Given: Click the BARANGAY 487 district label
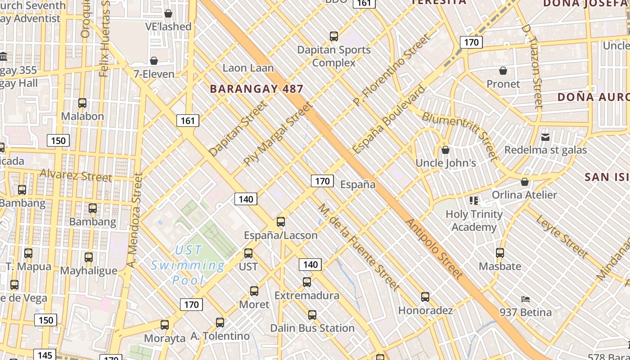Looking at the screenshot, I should [x=256, y=89].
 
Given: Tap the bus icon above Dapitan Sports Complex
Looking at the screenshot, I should [x=333, y=36].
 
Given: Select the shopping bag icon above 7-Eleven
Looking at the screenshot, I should [x=154, y=60].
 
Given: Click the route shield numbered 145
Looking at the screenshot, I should [x=45, y=355].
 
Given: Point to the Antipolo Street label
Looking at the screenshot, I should [x=434, y=248].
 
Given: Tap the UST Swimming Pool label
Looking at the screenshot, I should [x=188, y=265].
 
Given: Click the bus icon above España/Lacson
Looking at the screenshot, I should [x=281, y=221].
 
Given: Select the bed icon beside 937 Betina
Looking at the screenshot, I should [x=525, y=299].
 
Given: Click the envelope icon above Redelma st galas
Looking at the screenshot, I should [x=545, y=137].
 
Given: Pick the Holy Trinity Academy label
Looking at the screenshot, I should [x=474, y=220].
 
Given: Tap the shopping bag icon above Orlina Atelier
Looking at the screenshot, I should [x=524, y=182].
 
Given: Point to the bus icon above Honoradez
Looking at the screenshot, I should [x=425, y=297].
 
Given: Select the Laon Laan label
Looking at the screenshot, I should [x=248, y=68].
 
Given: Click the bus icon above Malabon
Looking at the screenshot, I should [x=82, y=103].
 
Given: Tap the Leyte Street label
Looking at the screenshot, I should [x=562, y=237].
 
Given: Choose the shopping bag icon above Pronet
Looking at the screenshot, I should [x=503, y=71].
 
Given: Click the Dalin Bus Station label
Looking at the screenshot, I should [x=312, y=328].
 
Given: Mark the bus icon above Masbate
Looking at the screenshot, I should [x=500, y=252].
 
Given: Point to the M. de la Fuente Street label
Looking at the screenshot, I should [x=359, y=247].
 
